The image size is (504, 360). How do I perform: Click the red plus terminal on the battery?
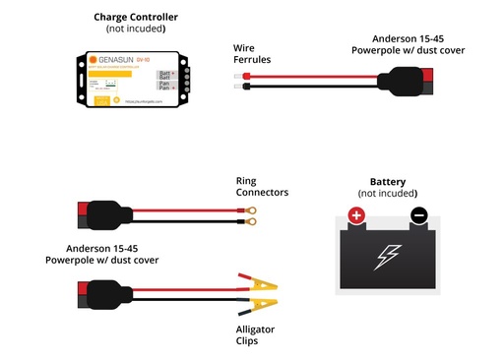[x=356, y=215]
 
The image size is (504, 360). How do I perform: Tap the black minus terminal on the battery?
[x=418, y=215]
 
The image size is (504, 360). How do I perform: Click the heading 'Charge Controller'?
[x=136, y=17]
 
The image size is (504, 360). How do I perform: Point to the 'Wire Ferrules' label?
[x=251, y=53]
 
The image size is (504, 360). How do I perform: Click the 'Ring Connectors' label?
[x=262, y=187]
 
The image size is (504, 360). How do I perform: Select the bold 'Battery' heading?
[x=387, y=182]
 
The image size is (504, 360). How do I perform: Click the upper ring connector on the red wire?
[x=253, y=209]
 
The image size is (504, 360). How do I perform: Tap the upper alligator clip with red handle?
[x=257, y=282]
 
